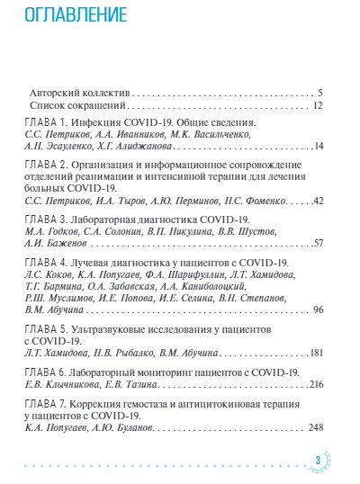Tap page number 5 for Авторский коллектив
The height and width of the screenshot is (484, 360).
point(320,92)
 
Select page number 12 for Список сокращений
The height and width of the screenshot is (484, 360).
point(318,104)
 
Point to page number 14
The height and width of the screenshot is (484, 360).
point(318,144)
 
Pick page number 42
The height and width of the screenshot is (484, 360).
point(318,199)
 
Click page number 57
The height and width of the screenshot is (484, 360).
point(318,243)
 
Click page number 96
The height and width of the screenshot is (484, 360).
point(318,309)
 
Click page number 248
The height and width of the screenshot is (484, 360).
point(315,427)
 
